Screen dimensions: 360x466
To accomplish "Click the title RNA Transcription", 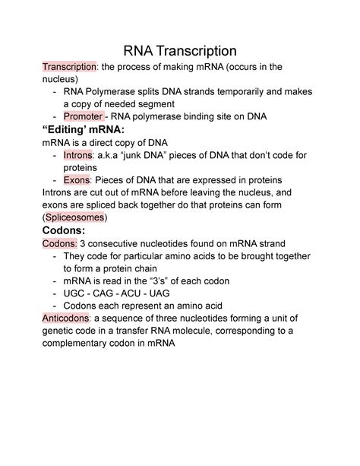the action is pos(180,51).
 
